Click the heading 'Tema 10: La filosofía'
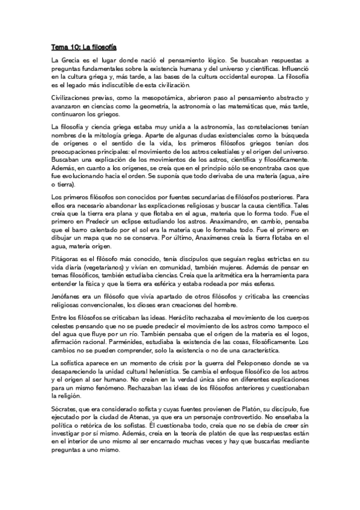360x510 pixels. click(84, 46)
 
